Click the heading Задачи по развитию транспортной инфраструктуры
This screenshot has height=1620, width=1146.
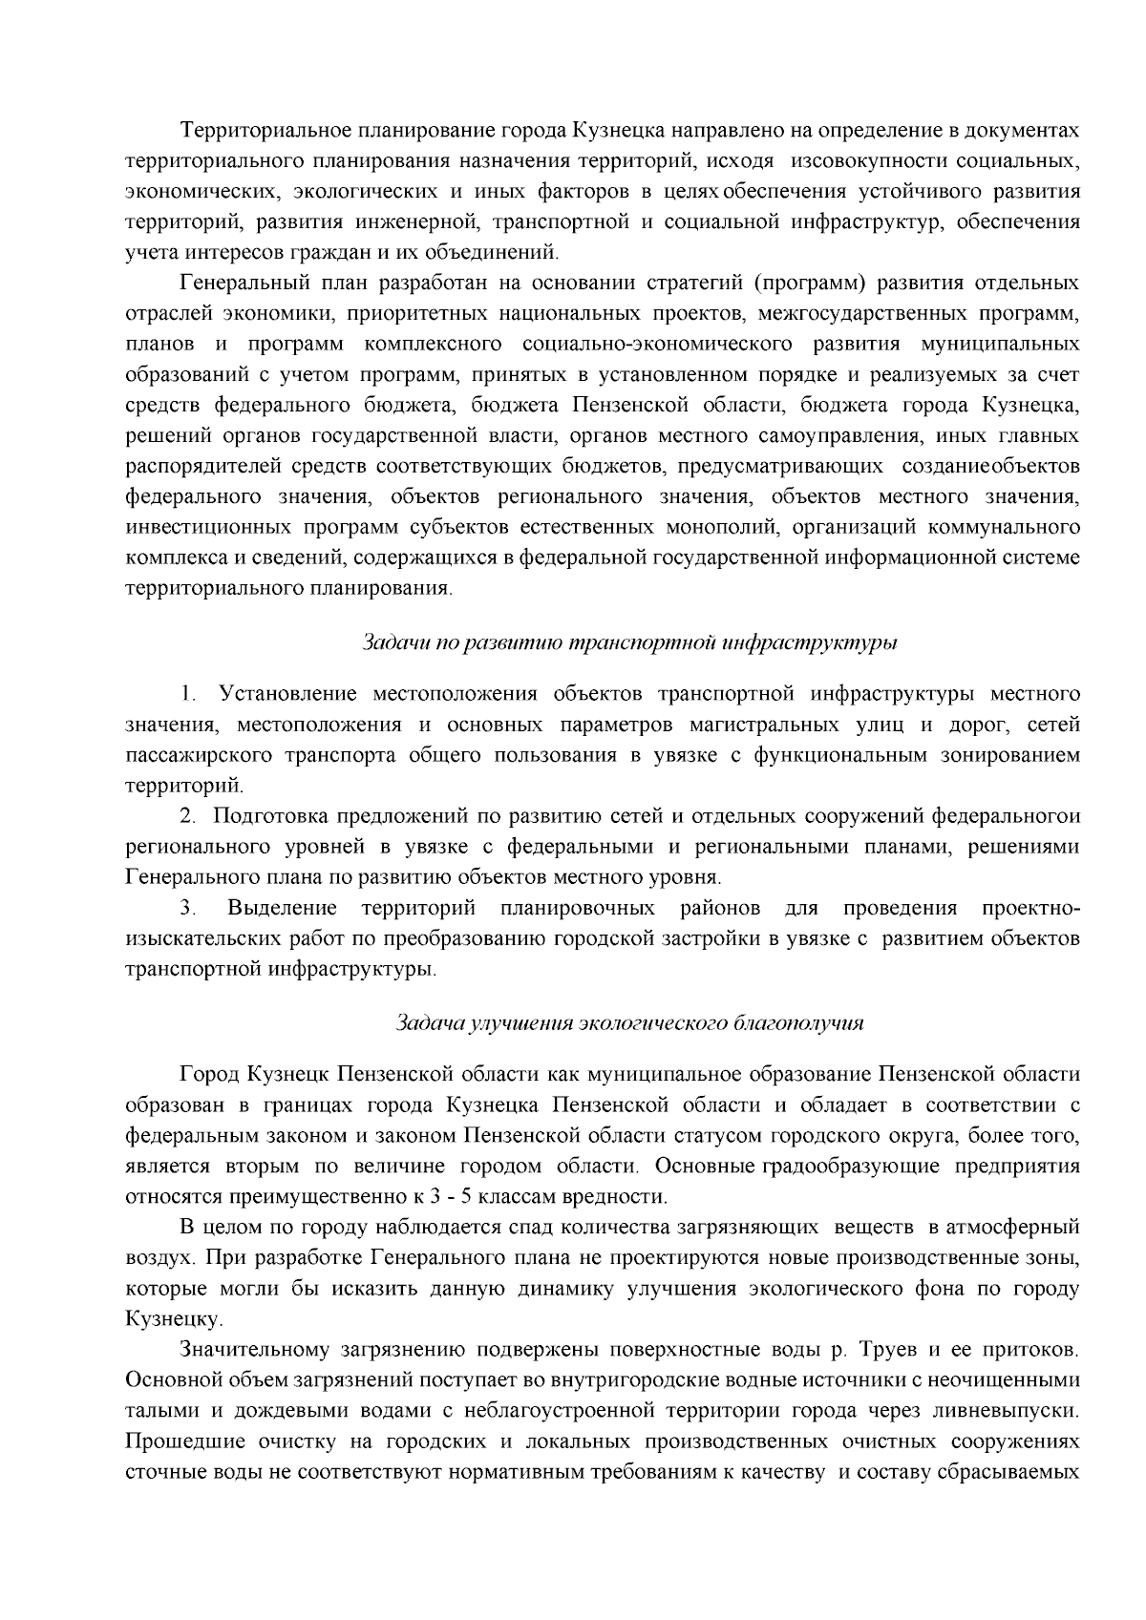[629, 642]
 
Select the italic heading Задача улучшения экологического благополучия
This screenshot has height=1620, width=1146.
[629, 1022]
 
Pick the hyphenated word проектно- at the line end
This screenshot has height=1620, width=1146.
[1030, 908]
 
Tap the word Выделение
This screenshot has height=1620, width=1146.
[282, 908]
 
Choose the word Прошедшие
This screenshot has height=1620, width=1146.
[177, 1441]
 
